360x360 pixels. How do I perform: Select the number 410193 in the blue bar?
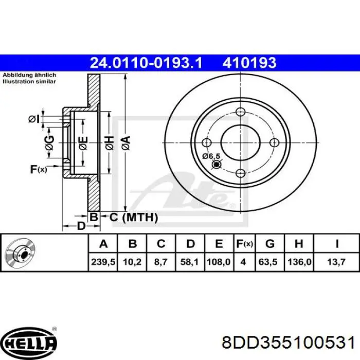[249, 63]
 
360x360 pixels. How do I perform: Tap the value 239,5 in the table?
[100, 262]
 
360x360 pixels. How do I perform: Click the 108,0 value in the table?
[219, 262]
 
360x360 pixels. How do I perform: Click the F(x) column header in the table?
[243, 243]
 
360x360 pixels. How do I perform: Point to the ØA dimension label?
[125, 140]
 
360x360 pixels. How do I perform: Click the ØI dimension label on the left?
[34, 119]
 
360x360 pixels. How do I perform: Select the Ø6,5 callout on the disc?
[211, 156]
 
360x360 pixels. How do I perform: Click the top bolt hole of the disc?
[240, 112]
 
